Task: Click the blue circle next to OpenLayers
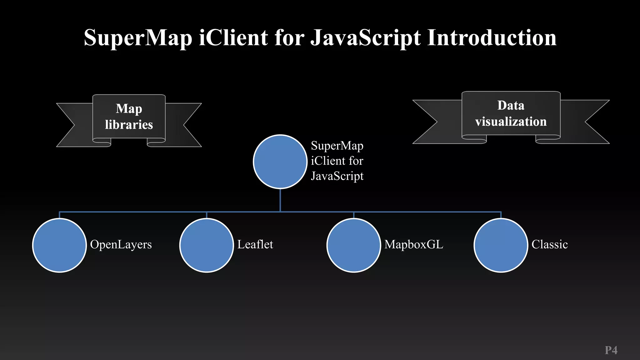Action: pos(59,245)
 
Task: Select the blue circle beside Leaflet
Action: pos(207,245)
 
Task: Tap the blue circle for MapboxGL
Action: pos(354,245)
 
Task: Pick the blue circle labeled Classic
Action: pos(501,245)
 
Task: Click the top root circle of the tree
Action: pos(280,162)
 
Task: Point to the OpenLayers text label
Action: pos(121,244)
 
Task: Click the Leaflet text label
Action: pos(255,244)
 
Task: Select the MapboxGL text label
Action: pos(414,244)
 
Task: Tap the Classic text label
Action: pos(549,244)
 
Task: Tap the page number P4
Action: pos(611,350)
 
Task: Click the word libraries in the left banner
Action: pos(129,125)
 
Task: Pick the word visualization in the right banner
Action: pos(511,122)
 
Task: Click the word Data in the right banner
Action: pos(511,105)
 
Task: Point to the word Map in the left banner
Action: pos(129,109)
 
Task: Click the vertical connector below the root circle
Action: pos(280,200)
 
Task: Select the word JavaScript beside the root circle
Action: pos(337,176)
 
